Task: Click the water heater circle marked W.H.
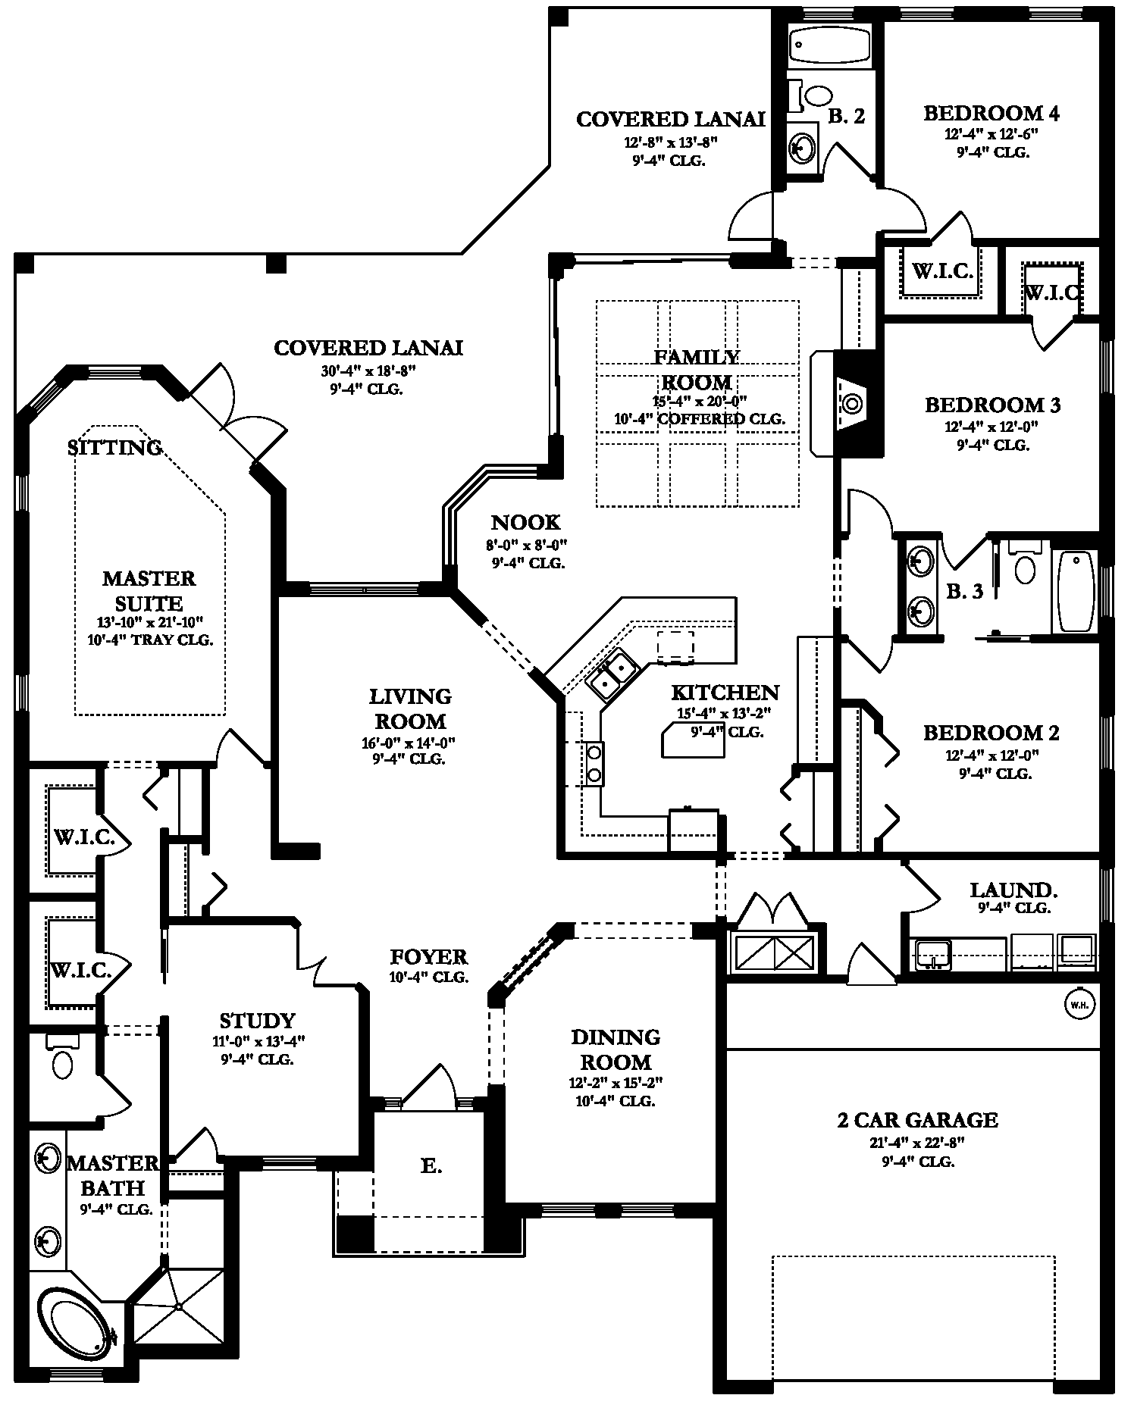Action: [x=1079, y=1005]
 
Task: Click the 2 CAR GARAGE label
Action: [x=917, y=1119]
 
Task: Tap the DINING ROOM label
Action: [x=616, y=1049]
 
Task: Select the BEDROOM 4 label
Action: [x=991, y=113]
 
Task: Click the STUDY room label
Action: [x=257, y=1021]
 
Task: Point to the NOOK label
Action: [x=525, y=522]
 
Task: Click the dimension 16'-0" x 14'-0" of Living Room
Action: [x=408, y=743]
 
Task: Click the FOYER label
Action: [x=428, y=957]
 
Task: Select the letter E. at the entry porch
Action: [x=431, y=1166]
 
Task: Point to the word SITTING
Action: [x=114, y=448]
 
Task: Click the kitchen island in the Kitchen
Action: [x=693, y=740]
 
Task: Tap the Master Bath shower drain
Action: [x=179, y=1306]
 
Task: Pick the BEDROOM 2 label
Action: [x=991, y=733]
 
